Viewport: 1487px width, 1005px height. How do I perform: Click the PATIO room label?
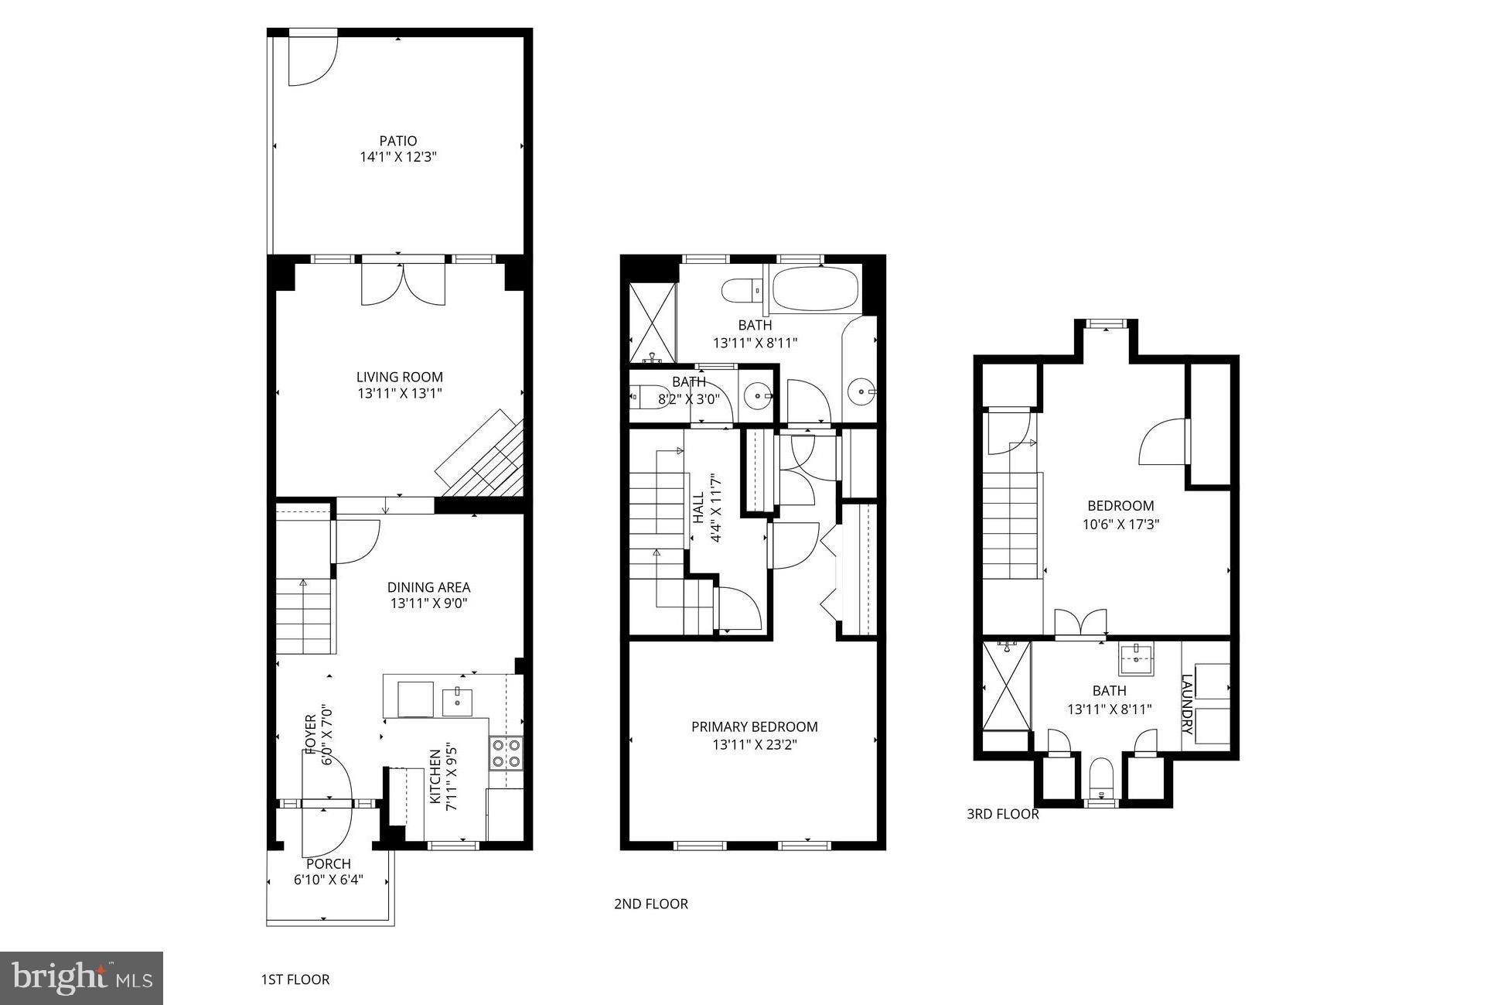pyautogui.click(x=397, y=141)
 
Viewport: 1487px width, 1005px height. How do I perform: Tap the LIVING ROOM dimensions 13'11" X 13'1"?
pyautogui.click(x=399, y=394)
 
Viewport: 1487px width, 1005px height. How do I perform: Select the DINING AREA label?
pyautogui.click(x=428, y=587)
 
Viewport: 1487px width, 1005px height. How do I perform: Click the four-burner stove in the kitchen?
pyautogui.click(x=506, y=753)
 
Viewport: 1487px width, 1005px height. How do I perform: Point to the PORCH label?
pyautogui.click(x=329, y=863)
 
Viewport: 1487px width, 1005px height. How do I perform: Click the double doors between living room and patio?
pyautogui.click(x=403, y=283)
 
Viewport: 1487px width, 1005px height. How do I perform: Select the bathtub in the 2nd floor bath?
pyautogui.click(x=814, y=288)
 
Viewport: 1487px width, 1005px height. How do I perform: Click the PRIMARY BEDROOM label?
pyautogui.click(x=754, y=726)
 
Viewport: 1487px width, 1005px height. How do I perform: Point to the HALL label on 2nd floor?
pyautogui.click(x=698, y=508)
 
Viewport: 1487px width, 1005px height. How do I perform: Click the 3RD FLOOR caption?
pyautogui.click(x=1002, y=814)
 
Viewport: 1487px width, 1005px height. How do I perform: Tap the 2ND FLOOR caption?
pyautogui.click(x=650, y=904)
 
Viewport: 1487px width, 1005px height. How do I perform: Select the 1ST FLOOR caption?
pyautogui.click(x=295, y=979)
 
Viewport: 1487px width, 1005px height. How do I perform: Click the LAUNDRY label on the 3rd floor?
pyautogui.click(x=1187, y=704)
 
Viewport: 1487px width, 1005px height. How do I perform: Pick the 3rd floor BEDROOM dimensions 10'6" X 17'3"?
pyautogui.click(x=1120, y=524)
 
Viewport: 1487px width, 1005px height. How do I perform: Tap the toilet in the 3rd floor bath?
pyautogui.click(x=1100, y=778)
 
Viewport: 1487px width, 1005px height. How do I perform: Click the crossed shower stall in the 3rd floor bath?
pyautogui.click(x=1006, y=685)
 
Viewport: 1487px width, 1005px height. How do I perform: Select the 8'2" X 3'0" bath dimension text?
pyautogui.click(x=688, y=399)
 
